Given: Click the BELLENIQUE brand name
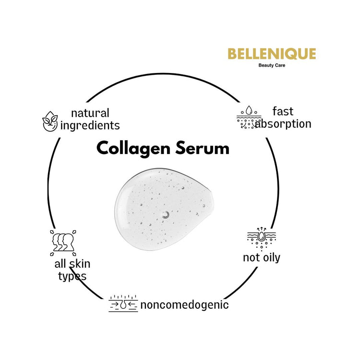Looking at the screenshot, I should (272, 54).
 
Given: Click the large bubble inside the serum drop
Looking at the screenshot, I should (166, 216).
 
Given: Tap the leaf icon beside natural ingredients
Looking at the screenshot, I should (50, 121).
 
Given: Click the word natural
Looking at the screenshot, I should (90, 113).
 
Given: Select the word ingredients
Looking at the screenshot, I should (90, 126).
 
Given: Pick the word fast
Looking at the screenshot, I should (283, 111).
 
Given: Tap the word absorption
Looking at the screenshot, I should (283, 124).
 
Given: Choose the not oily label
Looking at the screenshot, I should (262, 258).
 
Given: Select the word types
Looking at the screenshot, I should (72, 276).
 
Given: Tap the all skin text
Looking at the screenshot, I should (72, 264).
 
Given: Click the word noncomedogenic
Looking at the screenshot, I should (184, 305).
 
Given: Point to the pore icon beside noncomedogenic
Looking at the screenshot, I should (123, 304).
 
